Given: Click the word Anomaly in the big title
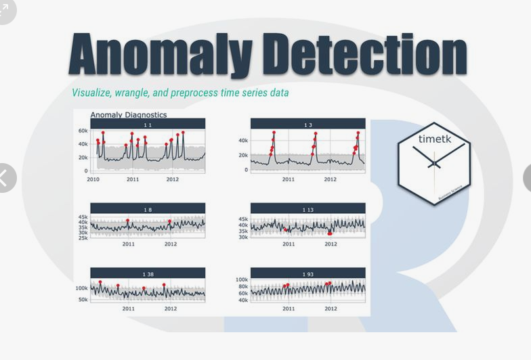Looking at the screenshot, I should pos(161,55).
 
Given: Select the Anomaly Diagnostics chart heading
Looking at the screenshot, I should pos(129,115).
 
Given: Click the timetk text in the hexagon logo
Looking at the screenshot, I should pos(434,139).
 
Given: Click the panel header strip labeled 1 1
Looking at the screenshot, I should pos(148,124).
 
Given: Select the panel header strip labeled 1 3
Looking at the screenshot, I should pos(308,124).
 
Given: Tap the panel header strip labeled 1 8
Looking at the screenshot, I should pos(148,209).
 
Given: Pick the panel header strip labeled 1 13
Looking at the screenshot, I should pos(308,209).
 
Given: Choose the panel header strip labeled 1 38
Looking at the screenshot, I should pos(148,273).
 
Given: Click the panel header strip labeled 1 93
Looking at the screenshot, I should pos(308,273).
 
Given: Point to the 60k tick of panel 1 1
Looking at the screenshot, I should pos(83,131).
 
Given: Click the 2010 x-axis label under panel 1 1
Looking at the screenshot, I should pos(93,179).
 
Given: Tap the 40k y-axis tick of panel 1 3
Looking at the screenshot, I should pos(243,141).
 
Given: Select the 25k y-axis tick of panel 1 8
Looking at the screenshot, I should pos(83,238).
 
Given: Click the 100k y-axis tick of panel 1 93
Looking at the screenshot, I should pos(242,279).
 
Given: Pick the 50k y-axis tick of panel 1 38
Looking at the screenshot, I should pos(83,299).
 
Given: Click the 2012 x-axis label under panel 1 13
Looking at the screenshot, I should pos(331,244).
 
